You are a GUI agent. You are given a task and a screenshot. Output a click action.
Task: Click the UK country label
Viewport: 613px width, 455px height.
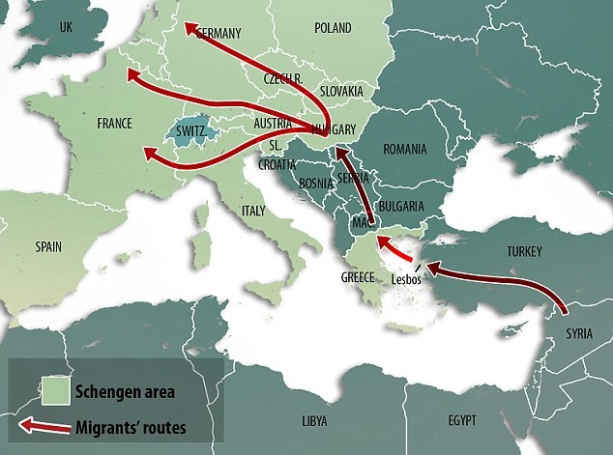(67, 27)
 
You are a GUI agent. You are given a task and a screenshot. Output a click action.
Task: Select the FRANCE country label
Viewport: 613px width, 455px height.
(114, 125)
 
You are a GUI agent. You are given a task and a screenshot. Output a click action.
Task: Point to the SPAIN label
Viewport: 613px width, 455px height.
(48, 246)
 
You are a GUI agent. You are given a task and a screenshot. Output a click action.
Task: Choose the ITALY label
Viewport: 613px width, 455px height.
(252, 211)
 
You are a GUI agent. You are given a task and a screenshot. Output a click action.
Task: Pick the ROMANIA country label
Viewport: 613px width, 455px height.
(404, 149)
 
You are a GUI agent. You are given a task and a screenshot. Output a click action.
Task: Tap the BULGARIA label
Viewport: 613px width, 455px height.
(402, 206)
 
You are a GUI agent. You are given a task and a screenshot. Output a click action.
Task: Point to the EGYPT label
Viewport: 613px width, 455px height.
(462, 422)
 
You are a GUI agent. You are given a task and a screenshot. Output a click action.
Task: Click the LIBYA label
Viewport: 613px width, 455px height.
(315, 422)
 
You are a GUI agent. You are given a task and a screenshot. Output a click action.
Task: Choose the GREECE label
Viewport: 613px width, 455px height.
(357, 276)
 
